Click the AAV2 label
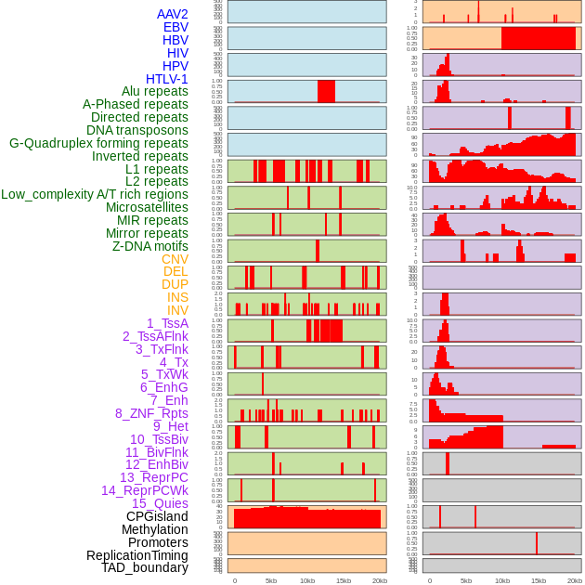(172, 14)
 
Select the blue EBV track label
(175, 27)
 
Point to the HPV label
(175, 66)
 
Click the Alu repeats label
(154, 91)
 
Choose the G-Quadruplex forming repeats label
(98, 143)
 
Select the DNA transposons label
(137, 130)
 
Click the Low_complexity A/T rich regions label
(95, 194)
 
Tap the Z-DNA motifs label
(149, 246)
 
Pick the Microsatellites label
(147, 207)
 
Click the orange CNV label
(175, 259)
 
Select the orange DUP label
(175, 284)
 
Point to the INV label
(177, 310)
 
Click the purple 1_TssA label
(167, 323)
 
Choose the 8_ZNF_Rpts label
(151, 413)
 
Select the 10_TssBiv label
(159, 439)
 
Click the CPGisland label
(157, 516)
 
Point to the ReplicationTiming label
(137, 555)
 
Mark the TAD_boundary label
(144, 567)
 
